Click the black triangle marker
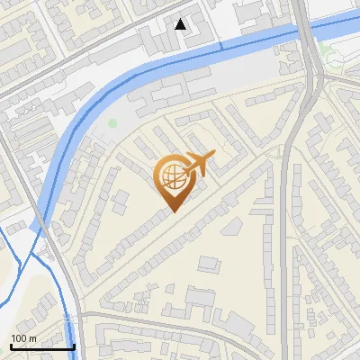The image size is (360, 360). click(181, 24)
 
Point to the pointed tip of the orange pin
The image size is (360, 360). click(172, 211)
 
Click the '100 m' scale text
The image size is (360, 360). click(23, 338)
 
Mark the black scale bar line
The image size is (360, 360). click(41, 346)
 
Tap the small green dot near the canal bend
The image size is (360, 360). click(112, 123)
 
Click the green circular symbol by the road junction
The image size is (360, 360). click(334, 59)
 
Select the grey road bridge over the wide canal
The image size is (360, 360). click(308, 36)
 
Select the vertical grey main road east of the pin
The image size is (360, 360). click(286, 225)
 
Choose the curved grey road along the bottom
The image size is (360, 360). click(180, 319)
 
